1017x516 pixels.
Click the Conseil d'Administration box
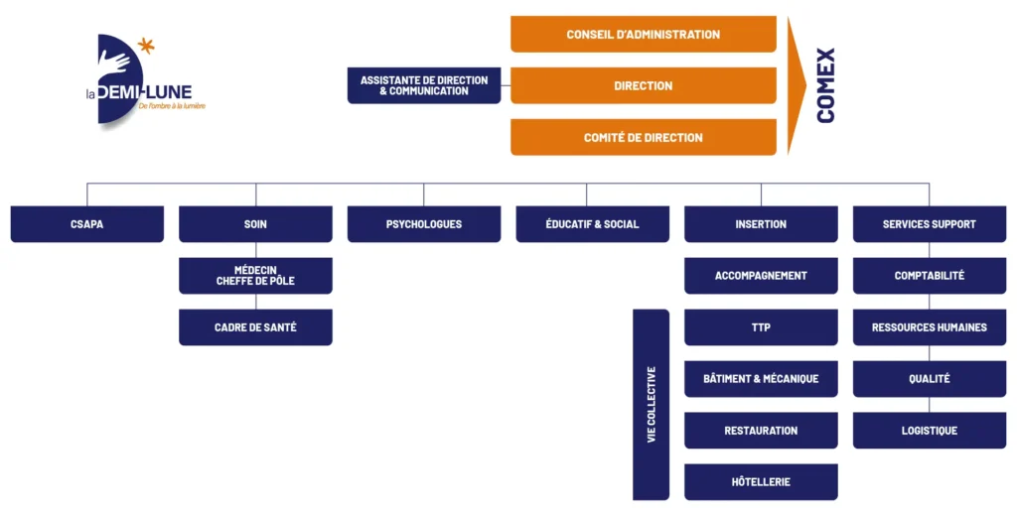(644, 34)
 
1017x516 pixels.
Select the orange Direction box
(644, 85)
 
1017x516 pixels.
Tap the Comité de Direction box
(644, 137)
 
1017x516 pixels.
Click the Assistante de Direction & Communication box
(424, 85)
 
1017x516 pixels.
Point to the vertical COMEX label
(825, 85)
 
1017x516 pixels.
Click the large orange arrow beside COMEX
(797, 85)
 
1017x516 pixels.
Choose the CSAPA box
(87, 224)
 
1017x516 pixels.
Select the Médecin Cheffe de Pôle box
(255, 276)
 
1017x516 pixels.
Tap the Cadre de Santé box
(255, 327)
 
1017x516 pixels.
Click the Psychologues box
(424, 224)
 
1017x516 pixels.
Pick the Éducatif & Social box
(593, 224)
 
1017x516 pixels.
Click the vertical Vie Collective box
(652, 405)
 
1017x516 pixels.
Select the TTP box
(761, 327)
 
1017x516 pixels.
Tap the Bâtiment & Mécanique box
(761, 379)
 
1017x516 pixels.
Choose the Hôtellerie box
(761, 481)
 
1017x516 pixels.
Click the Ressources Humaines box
(930, 327)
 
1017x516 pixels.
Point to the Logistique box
(930, 431)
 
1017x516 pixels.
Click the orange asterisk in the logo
(147, 46)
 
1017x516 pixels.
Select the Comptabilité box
(930, 276)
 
